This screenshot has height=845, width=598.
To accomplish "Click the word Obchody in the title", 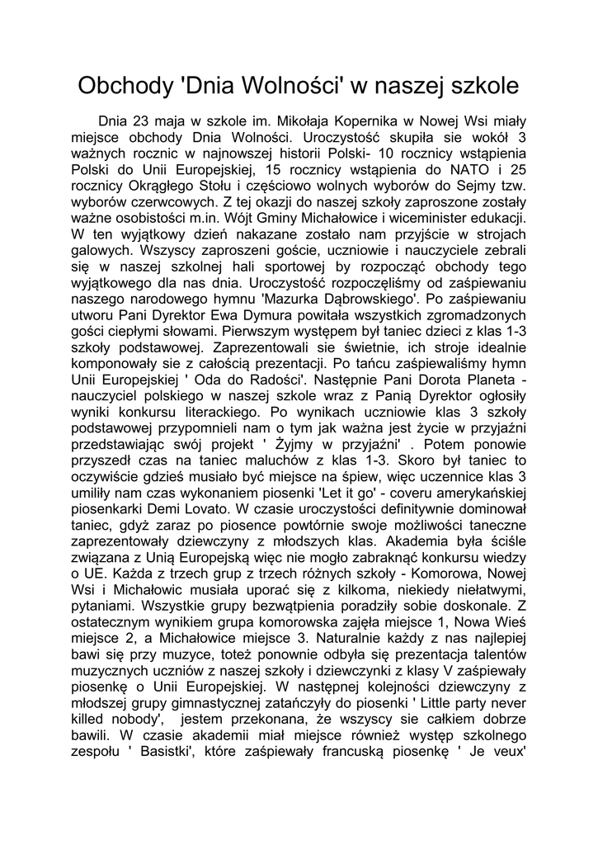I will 124,87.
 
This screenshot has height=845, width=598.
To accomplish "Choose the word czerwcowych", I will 168,202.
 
